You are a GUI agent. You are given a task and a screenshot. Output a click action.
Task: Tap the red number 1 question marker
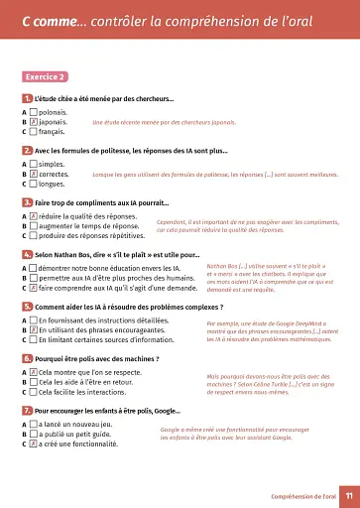coord(26,98)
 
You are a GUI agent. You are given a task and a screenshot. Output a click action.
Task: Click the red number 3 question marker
coord(26,202)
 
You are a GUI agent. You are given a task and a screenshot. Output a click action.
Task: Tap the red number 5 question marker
coord(26,307)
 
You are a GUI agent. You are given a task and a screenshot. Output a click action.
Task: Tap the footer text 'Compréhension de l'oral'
coord(297,493)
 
